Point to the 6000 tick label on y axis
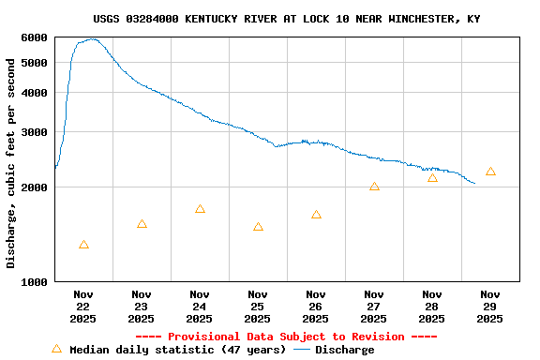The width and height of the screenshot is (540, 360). click(x=33, y=37)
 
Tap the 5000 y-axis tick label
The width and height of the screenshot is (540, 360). click(x=33, y=63)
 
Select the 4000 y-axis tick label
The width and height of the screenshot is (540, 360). click(x=33, y=92)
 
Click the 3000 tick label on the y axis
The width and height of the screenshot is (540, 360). click(x=33, y=131)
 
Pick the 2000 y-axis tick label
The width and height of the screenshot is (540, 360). click(x=33, y=187)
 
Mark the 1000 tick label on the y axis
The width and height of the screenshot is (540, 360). click(x=33, y=281)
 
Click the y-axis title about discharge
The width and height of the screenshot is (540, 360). click(x=11, y=163)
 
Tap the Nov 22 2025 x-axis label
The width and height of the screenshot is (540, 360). click(x=83, y=307)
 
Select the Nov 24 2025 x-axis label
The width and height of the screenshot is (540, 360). click(x=200, y=307)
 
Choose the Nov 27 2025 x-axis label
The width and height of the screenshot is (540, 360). click(x=374, y=307)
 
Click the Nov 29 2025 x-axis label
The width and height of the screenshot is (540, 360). click(x=490, y=307)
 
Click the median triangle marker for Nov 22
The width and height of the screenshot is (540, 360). click(x=84, y=245)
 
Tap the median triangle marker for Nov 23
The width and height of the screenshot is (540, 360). click(x=142, y=224)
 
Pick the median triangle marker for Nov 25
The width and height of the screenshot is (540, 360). click(x=258, y=227)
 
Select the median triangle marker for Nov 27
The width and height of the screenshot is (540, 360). click(x=374, y=187)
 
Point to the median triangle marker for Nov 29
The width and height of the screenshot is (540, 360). click(x=490, y=172)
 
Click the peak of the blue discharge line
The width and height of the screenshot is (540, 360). click(x=91, y=39)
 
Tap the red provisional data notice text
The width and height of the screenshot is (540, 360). click(x=286, y=337)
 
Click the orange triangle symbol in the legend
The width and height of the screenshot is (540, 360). click(x=56, y=349)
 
